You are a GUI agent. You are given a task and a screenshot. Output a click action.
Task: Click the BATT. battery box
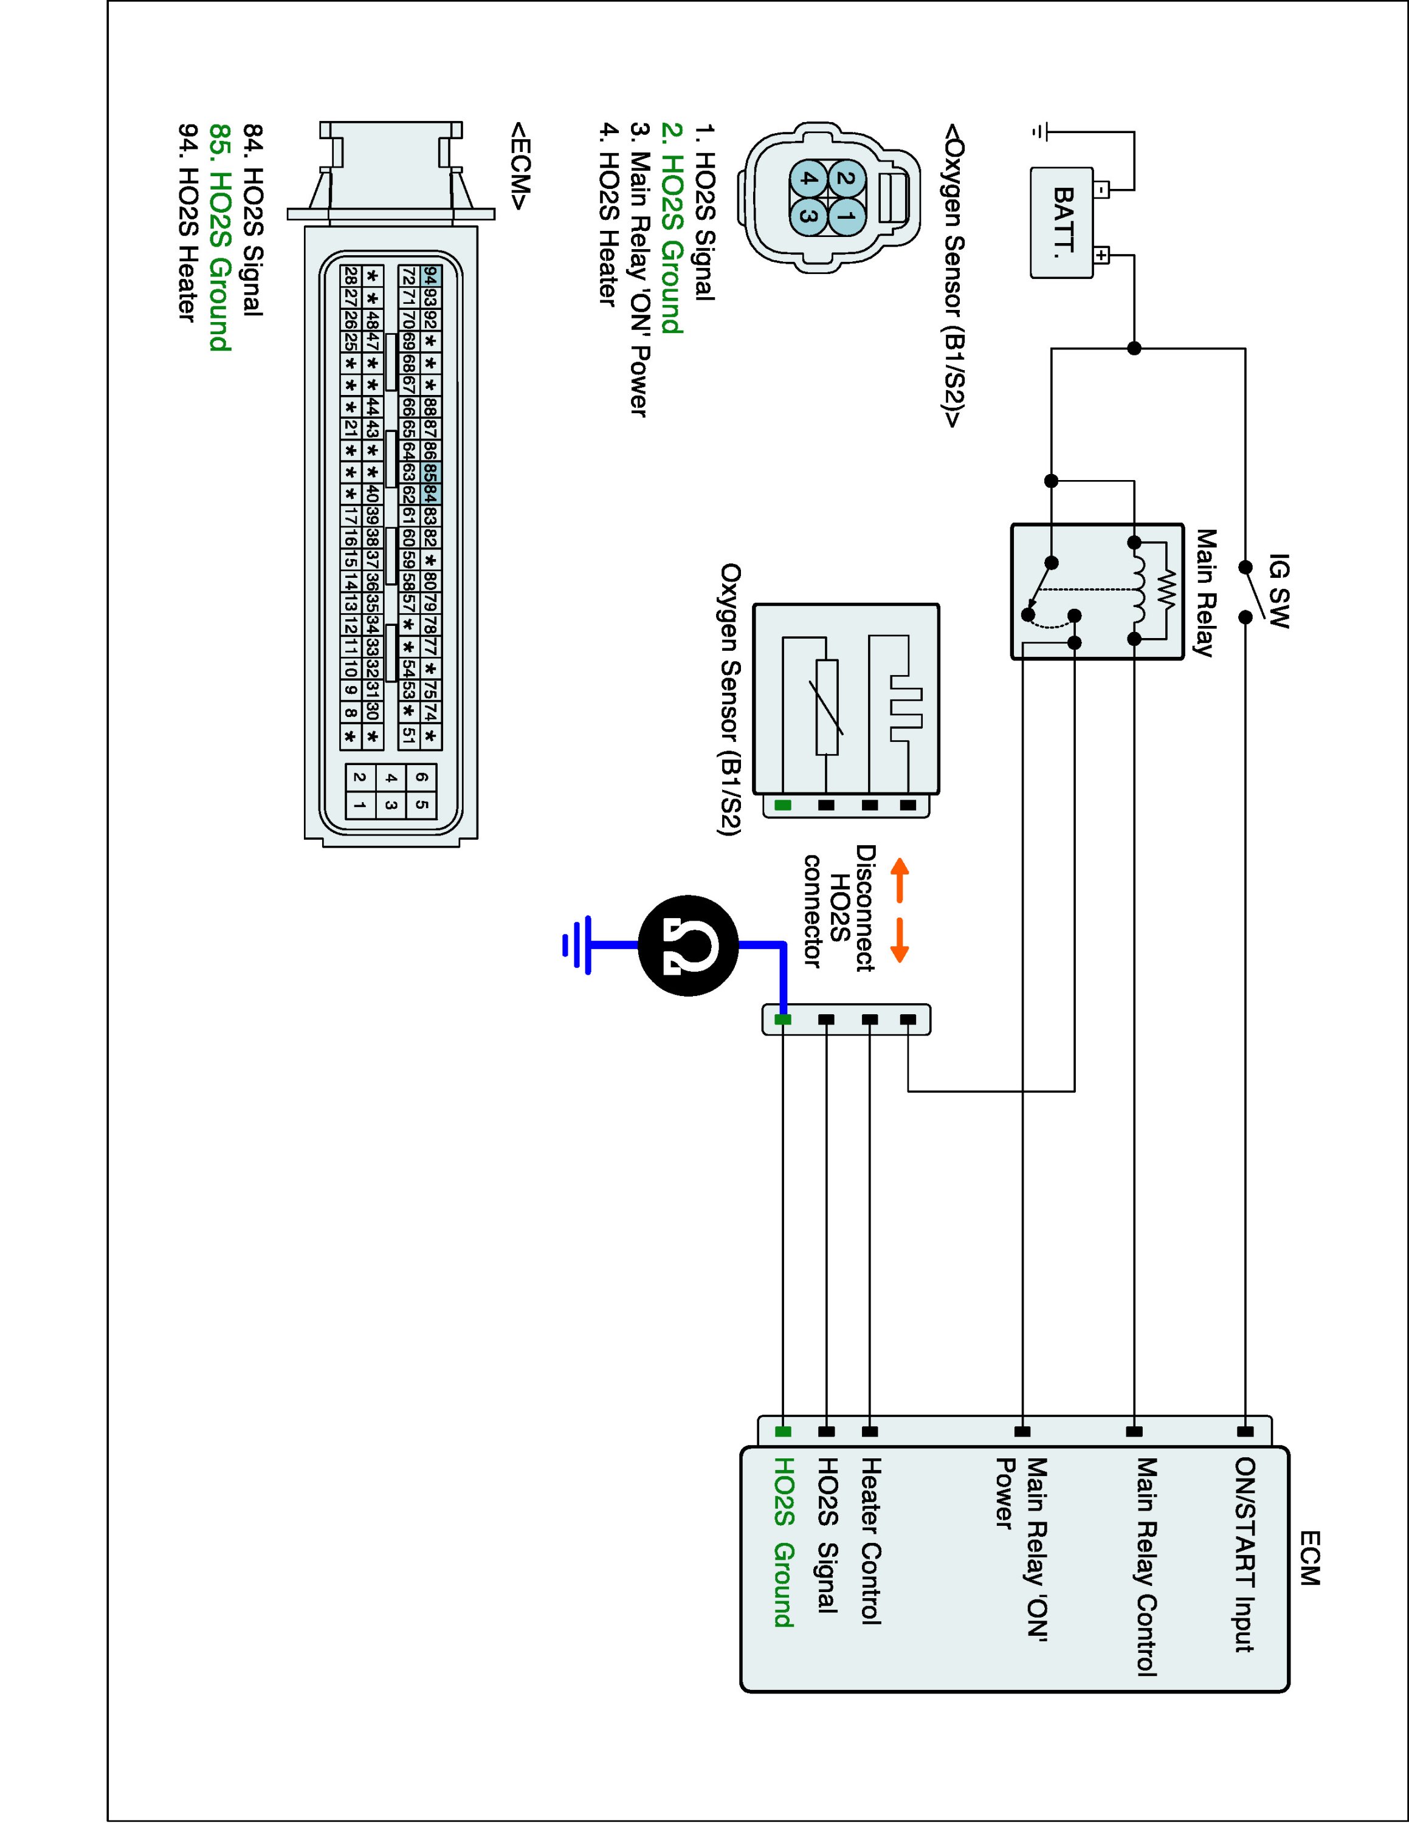pyautogui.click(x=1062, y=222)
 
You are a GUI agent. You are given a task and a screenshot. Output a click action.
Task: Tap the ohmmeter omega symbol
pyautogui.click(x=689, y=945)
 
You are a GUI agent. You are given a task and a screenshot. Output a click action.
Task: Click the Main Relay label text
pyautogui.click(x=1203, y=592)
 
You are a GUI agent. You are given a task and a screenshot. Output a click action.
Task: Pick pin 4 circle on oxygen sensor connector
pyautogui.click(x=807, y=179)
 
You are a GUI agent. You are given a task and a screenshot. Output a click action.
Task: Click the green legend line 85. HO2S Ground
pyautogui.click(x=219, y=237)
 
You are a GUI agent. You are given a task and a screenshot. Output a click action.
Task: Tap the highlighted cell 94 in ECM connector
pyautogui.click(x=432, y=275)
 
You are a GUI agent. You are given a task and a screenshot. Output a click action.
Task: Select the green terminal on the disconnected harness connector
pyautogui.click(x=783, y=1019)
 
